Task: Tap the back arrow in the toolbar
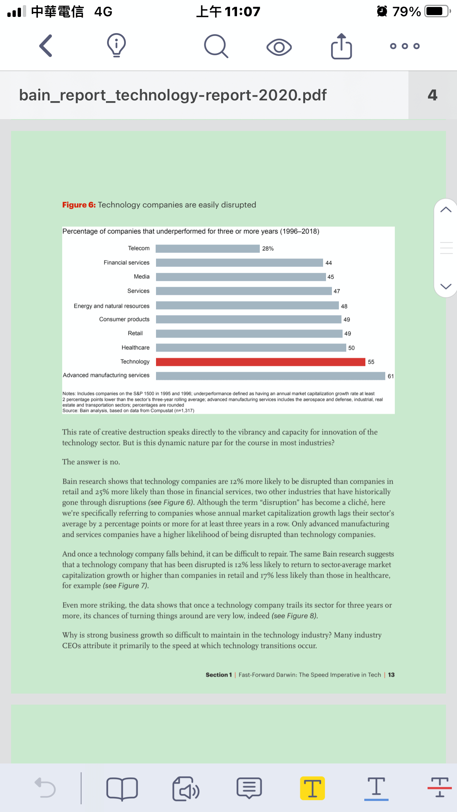pyautogui.click(x=46, y=46)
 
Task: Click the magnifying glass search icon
pyautogui.click(x=216, y=46)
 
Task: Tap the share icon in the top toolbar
pyautogui.click(x=341, y=46)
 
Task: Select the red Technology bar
pyautogui.click(x=261, y=362)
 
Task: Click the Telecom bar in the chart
pyautogui.click(x=208, y=249)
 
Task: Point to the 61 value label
pyautogui.click(x=390, y=376)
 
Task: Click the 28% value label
pyautogui.click(x=268, y=249)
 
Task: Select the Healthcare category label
pyautogui.click(x=135, y=348)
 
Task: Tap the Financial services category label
pyautogui.click(x=126, y=263)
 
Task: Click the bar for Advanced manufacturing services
pyautogui.click(x=270, y=376)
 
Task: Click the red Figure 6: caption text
pyautogui.click(x=79, y=205)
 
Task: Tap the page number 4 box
pyautogui.click(x=432, y=95)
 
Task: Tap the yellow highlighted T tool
pyautogui.click(x=312, y=788)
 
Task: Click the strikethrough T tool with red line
pyautogui.click(x=439, y=788)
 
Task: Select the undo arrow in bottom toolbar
pyautogui.click(x=45, y=788)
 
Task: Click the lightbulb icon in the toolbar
pyautogui.click(x=116, y=46)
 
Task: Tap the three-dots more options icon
pyautogui.click(x=405, y=46)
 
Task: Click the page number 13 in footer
pyautogui.click(x=391, y=675)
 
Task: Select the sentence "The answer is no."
pyautogui.click(x=91, y=462)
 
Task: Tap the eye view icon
pyautogui.click(x=279, y=47)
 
